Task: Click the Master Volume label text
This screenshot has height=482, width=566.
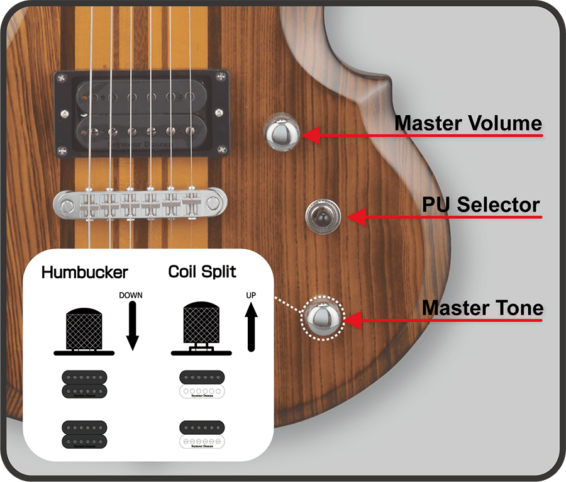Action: [468, 123]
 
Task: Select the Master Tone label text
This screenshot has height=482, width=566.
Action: [482, 308]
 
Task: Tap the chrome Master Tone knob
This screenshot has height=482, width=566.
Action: [324, 318]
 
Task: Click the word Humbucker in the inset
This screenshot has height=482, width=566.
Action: [84, 272]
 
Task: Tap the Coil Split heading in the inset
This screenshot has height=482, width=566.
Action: [203, 272]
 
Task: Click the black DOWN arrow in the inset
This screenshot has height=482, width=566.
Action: [132, 326]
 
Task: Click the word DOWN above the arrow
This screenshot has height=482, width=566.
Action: [131, 294]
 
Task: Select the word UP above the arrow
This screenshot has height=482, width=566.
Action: [251, 294]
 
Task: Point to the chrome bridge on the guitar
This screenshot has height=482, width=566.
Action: [140, 203]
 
